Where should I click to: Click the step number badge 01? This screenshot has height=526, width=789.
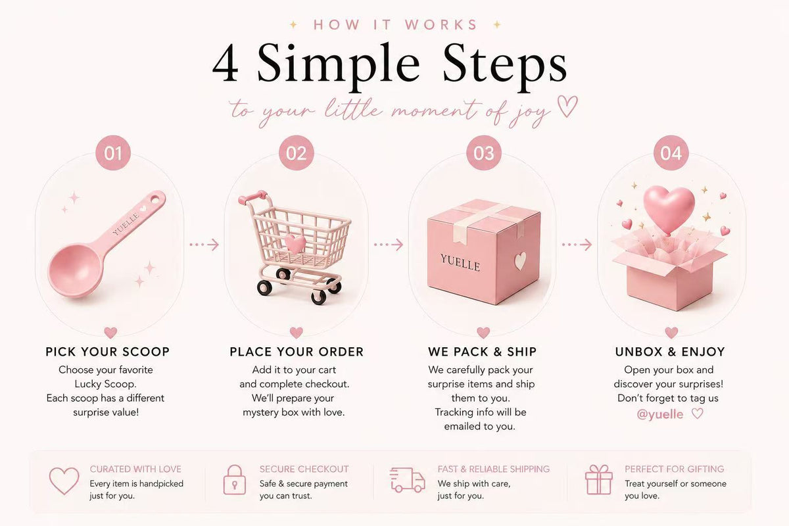pyautogui.click(x=113, y=153)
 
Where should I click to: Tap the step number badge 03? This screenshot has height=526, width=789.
pyautogui.click(x=484, y=153)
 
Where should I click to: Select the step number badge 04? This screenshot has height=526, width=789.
pyautogui.click(x=671, y=153)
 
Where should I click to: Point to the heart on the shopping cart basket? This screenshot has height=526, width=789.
pyautogui.click(x=295, y=243)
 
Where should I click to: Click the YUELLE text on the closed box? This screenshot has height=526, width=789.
pyautogui.click(x=460, y=262)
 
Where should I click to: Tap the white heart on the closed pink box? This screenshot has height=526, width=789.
pyautogui.click(x=520, y=261)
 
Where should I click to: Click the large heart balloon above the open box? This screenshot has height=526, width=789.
pyautogui.click(x=669, y=208)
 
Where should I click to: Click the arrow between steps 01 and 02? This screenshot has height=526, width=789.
pyautogui.click(x=204, y=245)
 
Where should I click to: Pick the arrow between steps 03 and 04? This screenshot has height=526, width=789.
pyautogui.click(x=577, y=245)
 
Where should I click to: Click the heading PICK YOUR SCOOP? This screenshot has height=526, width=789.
pyautogui.click(x=108, y=352)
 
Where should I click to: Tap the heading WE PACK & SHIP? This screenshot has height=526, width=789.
pyautogui.click(x=482, y=352)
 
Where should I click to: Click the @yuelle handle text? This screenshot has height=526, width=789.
pyautogui.click(x=659, y=414)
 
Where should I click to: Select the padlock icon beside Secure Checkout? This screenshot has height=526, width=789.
pyautogui.click(x=235, y=479)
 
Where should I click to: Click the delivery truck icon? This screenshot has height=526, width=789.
pyautogui.click(x=407, y=479)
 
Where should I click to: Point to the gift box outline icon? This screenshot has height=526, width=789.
pyautogui.click(x=599, y=479)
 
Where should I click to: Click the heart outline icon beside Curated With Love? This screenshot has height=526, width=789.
pyautogui.click(x=64, y=481)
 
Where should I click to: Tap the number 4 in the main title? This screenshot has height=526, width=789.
pyautogui.click(x=226, y=63)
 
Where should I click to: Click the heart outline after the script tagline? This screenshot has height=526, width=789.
pyautogui.click(x=567, y=106)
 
